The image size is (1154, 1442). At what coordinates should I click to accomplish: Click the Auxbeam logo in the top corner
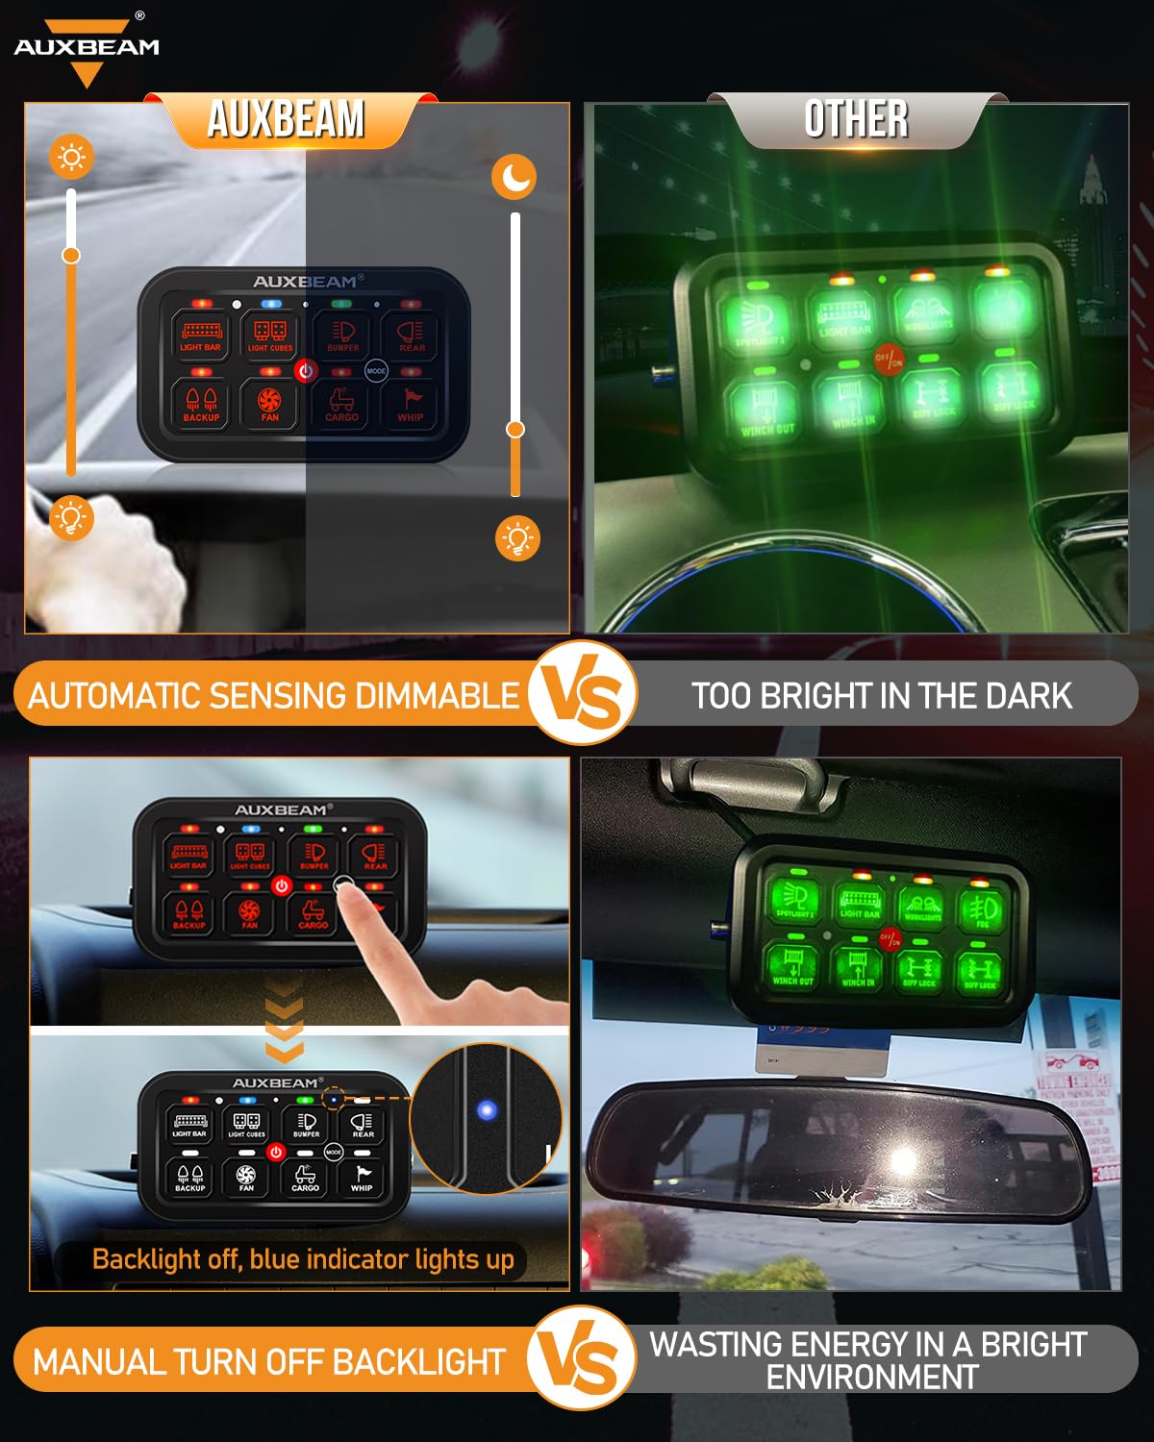(87, 48)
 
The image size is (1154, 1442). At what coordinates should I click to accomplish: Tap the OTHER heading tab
(856, 120)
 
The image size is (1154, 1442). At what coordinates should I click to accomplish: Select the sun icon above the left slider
(72, 157)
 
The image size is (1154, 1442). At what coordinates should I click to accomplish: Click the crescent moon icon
(514, 178)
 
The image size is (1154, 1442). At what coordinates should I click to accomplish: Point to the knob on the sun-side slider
(71, 255)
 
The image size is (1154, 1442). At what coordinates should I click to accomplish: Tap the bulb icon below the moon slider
(517, 538)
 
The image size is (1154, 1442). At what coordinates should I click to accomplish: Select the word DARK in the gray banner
(1028, 695)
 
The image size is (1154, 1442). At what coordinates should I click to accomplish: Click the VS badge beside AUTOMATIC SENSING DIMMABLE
(582, 693)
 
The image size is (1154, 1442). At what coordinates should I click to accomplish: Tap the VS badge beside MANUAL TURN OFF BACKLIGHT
(582, 1358)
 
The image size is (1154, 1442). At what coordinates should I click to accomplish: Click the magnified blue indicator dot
(487, 1110)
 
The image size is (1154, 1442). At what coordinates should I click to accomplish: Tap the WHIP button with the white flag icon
(363, 1177)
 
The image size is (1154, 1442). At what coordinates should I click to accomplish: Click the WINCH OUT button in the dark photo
(767, 409)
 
